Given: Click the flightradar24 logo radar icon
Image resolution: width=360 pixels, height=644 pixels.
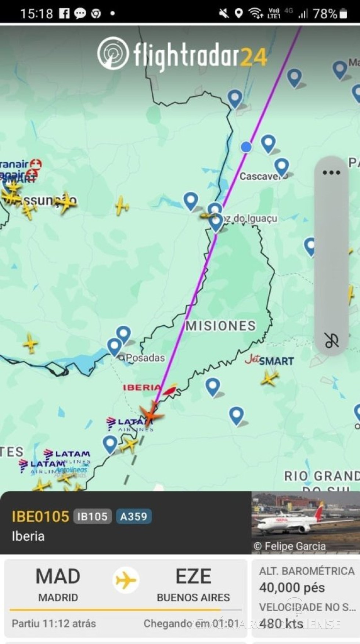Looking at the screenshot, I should tap(113, 54).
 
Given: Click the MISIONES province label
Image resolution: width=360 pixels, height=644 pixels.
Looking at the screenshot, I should tap(220, 326).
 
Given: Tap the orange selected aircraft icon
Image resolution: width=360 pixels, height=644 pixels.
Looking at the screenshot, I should tap(151, 414).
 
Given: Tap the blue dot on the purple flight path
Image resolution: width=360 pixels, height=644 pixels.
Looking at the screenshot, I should tap(246, 147).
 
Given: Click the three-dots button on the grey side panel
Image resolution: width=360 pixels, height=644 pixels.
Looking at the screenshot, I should tap(331, 173).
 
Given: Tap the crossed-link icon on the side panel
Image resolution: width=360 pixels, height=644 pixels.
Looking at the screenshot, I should tap(331, 340).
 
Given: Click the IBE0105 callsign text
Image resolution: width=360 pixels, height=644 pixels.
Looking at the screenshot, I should tap(40, 517).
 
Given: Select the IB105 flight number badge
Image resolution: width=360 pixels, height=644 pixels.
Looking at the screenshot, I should tap(92, 517).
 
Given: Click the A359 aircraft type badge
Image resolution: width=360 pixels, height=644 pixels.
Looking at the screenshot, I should tap(134, 517).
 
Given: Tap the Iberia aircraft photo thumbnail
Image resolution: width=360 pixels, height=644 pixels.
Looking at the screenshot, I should tap(306, 522).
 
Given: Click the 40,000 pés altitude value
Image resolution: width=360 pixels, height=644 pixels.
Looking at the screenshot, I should tap(292, 588).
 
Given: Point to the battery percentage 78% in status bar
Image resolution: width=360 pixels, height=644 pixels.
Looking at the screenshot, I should tap(325, 14).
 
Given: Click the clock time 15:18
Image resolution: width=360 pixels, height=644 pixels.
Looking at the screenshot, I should tap(36, 14).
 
